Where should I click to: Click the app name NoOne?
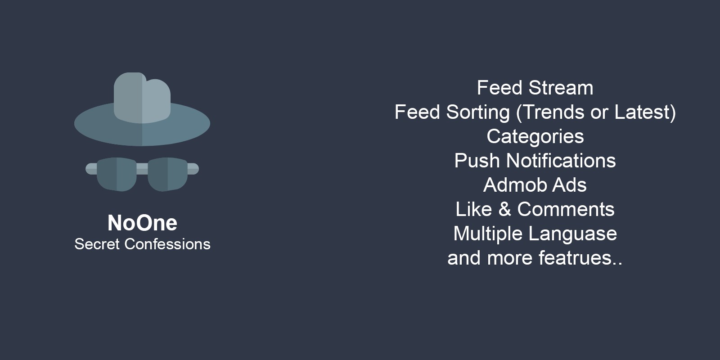pyautogui.click(x=142, y=223)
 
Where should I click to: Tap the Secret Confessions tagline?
pyautogui.click(x=142, y=244)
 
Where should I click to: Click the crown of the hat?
pyautogui.click(x=142, y=98)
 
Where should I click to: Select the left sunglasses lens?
pyautogui.click(x=117, y=174)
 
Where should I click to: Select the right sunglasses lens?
pyautogui.click(x=167, y=174)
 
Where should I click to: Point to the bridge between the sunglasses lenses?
pyautogui.click(x=142, y=168)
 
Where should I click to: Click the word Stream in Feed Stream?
pyautogui.click(x=561, y=88)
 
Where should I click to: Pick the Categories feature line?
pyautogui.click(x=535, y=137)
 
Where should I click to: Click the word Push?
pyautogui.click(x=477, y=160)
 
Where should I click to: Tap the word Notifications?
pyautogui.click(x=561, y=160)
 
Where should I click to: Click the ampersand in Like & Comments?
pyautogui.click(x=504, y=209)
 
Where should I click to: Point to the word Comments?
pyautogui.click(x=566, y=209)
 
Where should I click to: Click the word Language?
pyautogui.click(x=573, y=234)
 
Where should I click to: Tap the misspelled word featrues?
pyautogui.click(x=576, y=258)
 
